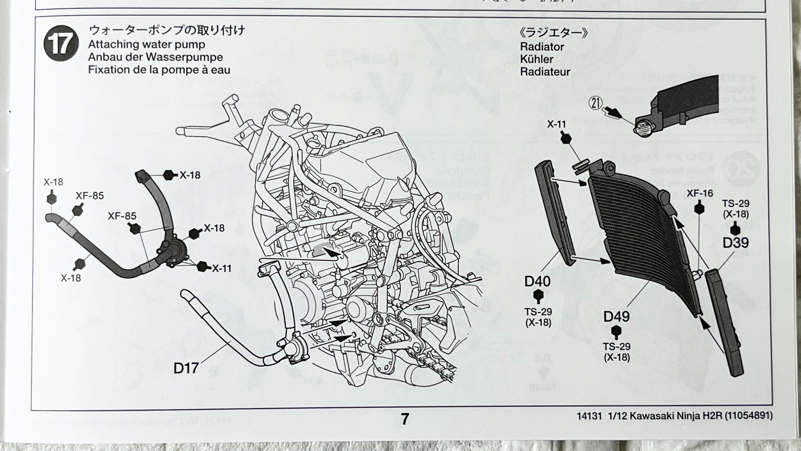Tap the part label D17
point(186,368)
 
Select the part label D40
point(537,281)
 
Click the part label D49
point(616,317)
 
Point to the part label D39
point(735,243)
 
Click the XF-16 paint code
point(700,193)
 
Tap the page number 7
point(404,419)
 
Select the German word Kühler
point(537,59)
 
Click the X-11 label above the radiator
point(556,124)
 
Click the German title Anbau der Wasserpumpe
point(156,57)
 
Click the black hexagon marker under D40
point(538,295)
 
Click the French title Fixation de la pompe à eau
point(159,70)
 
